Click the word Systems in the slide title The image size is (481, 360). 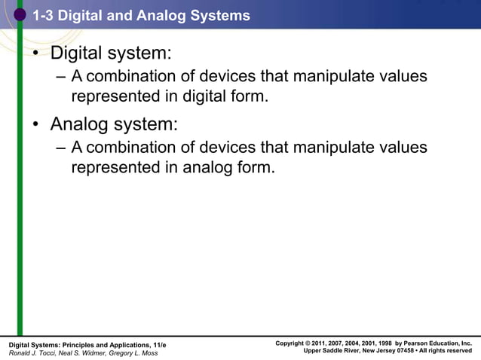click(219, 15)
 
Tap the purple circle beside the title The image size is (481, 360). click(20, 14)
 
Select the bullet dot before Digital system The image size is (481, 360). click(35, 55)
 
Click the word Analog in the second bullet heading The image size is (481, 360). click(80, 124)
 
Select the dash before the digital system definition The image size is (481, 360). click(61, 78)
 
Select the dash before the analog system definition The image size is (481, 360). click(61, 148)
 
